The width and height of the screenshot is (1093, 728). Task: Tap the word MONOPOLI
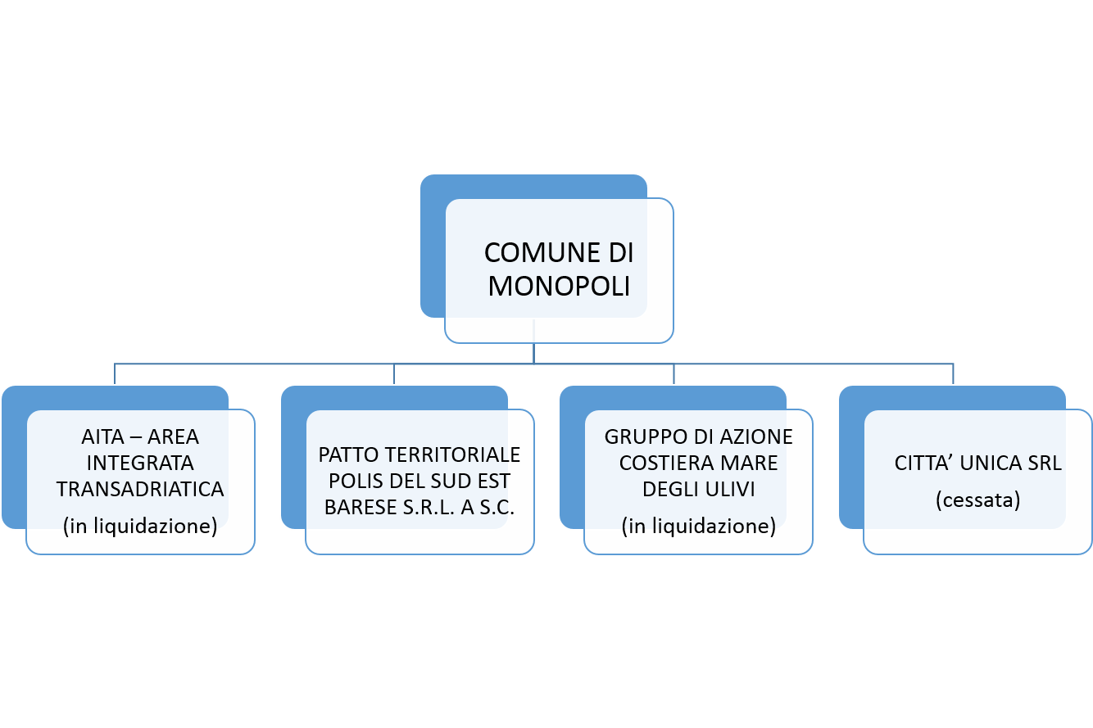(x=559, y=287)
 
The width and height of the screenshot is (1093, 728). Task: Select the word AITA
(x=102, y=437)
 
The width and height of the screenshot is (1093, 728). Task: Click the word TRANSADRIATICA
(x=140, y=489)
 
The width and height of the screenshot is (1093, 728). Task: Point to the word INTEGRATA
(x=140, y=463)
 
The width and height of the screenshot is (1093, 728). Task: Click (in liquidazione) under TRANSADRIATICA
(x=140, y=526)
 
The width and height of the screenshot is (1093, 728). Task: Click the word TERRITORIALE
(x=452, y=455)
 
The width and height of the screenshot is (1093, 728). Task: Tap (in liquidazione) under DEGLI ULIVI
(x=699, y=526)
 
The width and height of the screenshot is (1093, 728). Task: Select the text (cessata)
(x=977, y=500)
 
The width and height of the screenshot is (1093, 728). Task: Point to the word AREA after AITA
(x=173, y=437)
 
